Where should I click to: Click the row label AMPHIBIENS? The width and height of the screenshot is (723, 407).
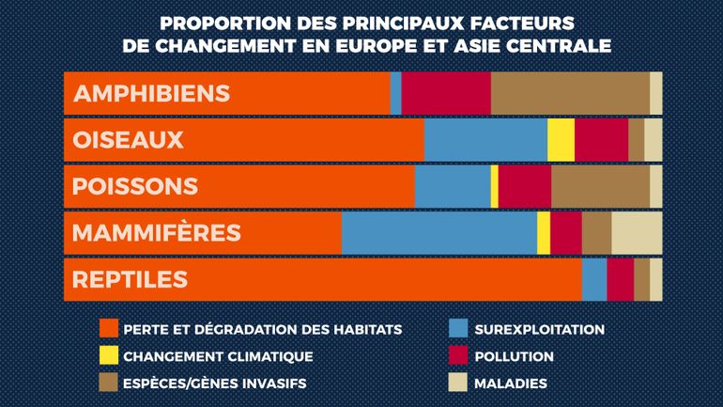151,94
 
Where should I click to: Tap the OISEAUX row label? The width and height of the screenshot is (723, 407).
128,140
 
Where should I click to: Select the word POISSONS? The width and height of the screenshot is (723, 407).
135,186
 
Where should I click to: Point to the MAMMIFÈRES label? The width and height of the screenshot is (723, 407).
157,233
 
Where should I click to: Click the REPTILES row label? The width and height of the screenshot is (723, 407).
130,279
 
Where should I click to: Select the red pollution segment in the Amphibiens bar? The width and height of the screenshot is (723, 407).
446,93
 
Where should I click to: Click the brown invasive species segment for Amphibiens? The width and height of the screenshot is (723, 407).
570,93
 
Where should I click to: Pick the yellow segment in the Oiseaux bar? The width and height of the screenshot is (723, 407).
561,140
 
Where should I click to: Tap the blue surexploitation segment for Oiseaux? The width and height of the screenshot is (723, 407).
485,140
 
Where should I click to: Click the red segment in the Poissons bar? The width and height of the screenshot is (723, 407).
524,186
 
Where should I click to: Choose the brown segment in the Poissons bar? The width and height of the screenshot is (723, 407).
600,186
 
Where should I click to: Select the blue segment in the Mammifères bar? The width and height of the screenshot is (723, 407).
438,233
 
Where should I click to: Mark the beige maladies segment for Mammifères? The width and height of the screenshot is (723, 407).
637,233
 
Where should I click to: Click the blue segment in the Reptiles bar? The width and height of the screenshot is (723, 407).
594,279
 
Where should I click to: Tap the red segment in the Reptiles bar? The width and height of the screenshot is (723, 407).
620,279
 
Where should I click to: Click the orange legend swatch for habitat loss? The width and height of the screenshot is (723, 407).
108,329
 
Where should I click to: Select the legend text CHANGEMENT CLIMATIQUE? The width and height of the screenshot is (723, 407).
218,356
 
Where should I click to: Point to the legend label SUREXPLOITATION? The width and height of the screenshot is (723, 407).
539,329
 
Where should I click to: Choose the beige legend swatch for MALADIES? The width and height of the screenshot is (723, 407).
457,383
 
